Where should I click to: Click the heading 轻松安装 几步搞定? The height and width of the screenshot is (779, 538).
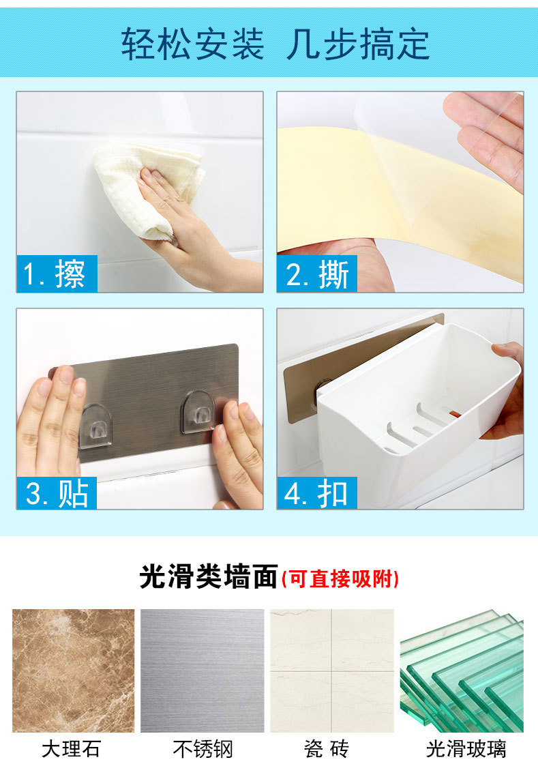[x=275, y=44]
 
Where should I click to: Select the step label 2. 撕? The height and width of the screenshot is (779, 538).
[x=317, y=274]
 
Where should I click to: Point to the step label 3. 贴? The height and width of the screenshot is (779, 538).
[x=57, y=493]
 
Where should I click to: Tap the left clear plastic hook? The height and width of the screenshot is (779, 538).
[x=95, y=426]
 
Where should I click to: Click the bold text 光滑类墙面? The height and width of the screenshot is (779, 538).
[x=209, y=577]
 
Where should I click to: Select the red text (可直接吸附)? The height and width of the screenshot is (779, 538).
[x=340, y=578]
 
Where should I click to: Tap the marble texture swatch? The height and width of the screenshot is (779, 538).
[x=74, y=671]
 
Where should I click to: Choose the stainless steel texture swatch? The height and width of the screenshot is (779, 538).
[x=203, y=671]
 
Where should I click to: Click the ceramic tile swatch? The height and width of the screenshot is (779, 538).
[x=332, y=671]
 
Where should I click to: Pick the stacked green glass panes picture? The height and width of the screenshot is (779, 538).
[x=462, y=671]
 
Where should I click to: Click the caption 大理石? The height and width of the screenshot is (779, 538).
[x=72, y=749]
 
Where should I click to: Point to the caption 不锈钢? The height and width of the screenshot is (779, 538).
[x=203, y=749]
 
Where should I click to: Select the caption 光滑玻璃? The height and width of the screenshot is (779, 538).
[x=466, y=749]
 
